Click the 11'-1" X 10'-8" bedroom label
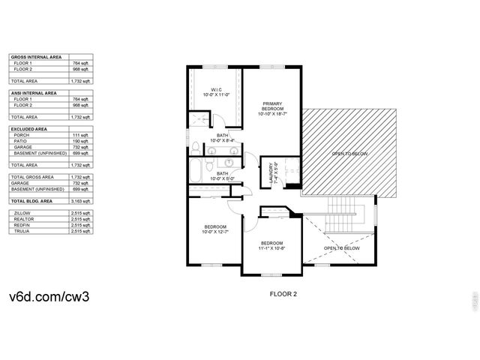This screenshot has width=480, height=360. coord(271,245)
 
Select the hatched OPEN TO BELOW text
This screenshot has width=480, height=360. coord(350,154)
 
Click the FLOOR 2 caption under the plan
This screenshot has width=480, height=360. coord(283,295)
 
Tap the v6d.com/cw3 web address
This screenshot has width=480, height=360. coord(49,296)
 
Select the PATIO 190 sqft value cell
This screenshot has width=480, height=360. coord(81,141)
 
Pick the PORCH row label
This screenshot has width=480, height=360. coord(21,135)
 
